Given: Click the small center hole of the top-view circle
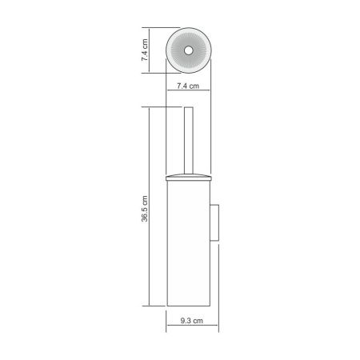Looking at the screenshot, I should pos(189,50).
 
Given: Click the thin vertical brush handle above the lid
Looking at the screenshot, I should pos(189,140).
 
